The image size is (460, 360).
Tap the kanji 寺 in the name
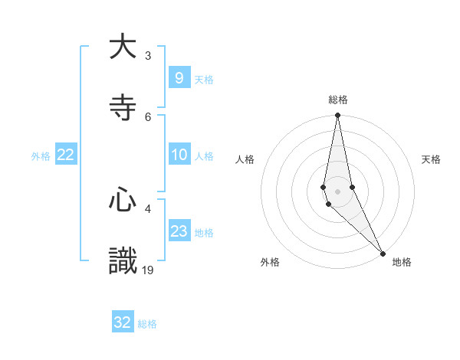123,107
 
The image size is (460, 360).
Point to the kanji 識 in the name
123,261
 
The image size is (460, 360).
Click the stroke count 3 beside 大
147,55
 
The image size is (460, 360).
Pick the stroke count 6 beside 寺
147,116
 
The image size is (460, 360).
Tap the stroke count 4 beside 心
147,208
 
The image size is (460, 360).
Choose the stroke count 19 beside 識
149,270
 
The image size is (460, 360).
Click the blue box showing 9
179,77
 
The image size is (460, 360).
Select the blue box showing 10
179,155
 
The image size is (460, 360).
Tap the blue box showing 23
179,231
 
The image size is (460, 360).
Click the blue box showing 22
66,155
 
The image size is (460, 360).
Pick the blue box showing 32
123,322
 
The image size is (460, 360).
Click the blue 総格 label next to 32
147,324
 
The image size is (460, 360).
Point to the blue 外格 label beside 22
41,156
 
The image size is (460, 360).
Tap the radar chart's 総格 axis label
338,100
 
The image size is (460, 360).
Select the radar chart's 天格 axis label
432,159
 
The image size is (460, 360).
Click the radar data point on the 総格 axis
337,116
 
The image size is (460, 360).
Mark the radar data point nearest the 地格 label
383,253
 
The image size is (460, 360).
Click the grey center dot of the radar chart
337,191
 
